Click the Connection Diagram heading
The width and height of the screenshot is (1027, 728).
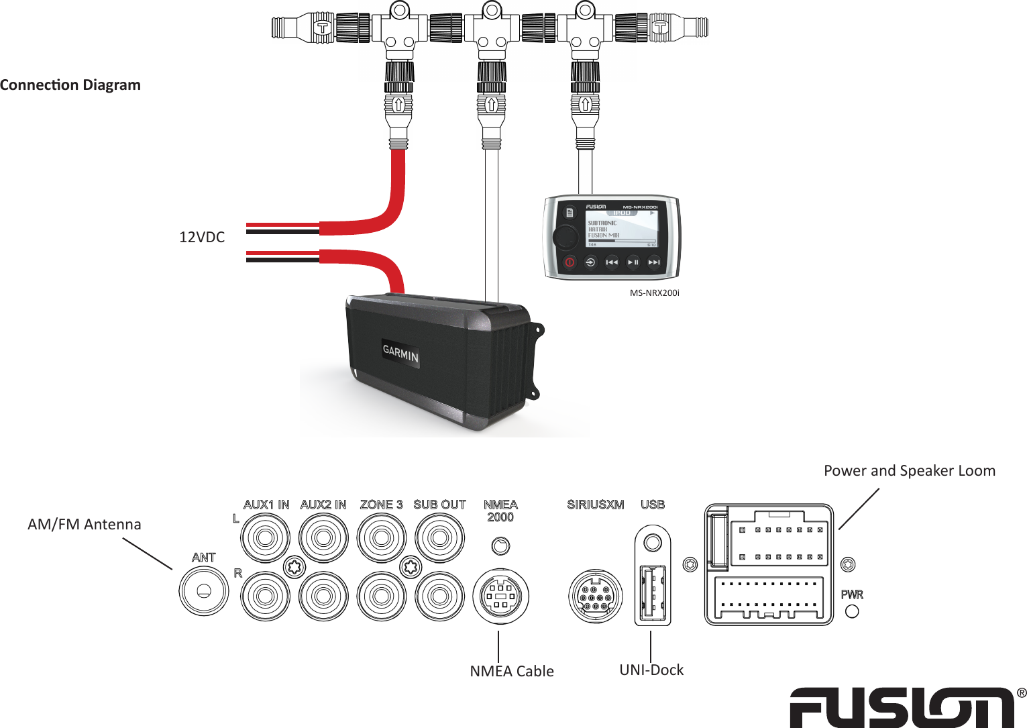(70, 85)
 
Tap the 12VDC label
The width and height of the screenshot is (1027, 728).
(202, 237)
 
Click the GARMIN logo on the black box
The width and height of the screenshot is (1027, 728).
(400, 353)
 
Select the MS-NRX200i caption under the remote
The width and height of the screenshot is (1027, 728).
(654, 293)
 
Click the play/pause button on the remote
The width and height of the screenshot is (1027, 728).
(633, 262)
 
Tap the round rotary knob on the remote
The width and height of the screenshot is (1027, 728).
(565, 236)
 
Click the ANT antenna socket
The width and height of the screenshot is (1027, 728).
(204, 591)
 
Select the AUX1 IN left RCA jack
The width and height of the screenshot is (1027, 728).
(266, 537)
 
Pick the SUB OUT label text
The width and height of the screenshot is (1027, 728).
(439, 505)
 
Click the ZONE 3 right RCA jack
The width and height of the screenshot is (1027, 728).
(382, 596)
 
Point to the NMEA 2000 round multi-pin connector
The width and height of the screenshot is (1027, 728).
(500, 596)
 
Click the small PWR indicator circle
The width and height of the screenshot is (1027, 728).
(852, 611)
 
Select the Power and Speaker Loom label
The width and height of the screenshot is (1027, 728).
(909, 471)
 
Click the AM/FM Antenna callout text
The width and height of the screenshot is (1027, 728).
(85, 525)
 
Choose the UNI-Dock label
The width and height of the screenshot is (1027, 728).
(651, 670)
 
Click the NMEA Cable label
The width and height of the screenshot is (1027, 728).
(512, 671)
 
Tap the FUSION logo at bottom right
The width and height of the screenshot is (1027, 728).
(902, 707)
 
